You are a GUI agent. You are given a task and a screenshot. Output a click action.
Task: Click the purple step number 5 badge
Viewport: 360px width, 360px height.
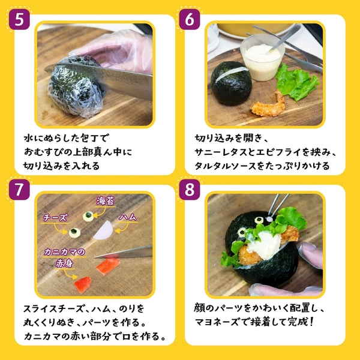click(x=19, y=19)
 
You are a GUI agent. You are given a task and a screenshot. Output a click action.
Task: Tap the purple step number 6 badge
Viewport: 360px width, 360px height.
click(x=190, y=19)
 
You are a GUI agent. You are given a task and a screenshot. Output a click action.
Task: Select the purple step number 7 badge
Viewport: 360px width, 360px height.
click(x=19, y=190)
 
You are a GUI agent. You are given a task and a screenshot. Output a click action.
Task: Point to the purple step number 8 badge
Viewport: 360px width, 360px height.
click(x=190, y=190)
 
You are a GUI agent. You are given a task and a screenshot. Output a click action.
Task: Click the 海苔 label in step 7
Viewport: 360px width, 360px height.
click(x=106, y=201)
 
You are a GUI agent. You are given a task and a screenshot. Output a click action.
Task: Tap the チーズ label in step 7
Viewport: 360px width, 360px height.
click(x=56, y=218)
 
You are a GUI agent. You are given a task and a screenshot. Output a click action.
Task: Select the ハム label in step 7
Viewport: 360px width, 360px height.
click(x=128, y=217)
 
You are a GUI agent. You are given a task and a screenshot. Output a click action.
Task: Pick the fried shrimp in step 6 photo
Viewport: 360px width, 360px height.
click(x=268, y=104)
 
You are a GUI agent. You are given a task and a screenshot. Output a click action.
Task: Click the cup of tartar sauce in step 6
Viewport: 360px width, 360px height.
click(x=262, y=59)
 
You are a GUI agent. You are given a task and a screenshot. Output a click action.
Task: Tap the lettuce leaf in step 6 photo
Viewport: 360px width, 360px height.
click(x=297, y=82)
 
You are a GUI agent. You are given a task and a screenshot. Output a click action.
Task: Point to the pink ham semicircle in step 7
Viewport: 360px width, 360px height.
click(x=104, y=230)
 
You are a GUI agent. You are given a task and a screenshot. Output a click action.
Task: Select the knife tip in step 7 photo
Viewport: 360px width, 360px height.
click(x=95, y=257)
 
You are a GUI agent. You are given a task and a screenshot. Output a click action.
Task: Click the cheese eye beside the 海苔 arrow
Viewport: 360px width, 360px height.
click(x=88, y=216)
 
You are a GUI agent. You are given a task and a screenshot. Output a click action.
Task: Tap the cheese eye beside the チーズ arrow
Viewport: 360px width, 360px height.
click(x=74, y=232)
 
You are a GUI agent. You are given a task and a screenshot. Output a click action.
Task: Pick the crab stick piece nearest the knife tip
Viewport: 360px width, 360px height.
click(x=108, y=266)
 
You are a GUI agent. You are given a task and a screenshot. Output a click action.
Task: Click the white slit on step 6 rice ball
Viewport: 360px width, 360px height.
click(x=232, y=73)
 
